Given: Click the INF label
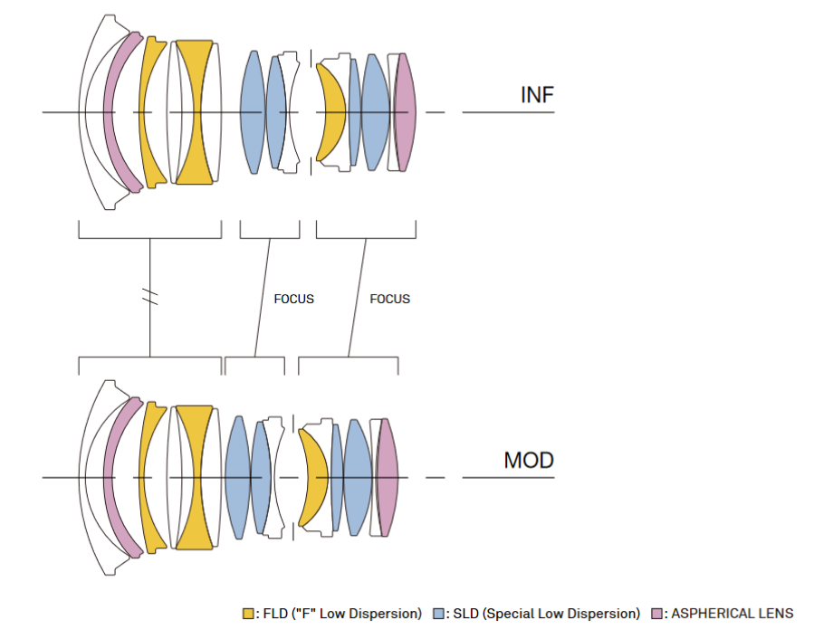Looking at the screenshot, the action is [537, 95].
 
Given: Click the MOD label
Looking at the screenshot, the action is [529, 461].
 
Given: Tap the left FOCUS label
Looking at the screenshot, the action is [294, 299].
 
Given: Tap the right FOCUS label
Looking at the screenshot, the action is [390, 299].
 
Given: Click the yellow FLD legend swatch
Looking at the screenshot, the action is [248, 614].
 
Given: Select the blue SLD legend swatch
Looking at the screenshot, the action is [438, 614].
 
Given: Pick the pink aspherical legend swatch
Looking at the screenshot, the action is [656, 614].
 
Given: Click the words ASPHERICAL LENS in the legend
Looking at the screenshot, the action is [732, 614].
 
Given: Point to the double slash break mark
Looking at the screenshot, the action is [150, 297].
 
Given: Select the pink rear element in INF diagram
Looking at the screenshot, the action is [405, 112].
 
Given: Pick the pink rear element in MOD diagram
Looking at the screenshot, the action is [388, 478].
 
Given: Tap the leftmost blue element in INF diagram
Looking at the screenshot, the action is [253, 112].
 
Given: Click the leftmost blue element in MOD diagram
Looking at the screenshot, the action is [238, 478].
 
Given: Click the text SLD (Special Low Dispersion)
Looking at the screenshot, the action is [546, 614].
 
